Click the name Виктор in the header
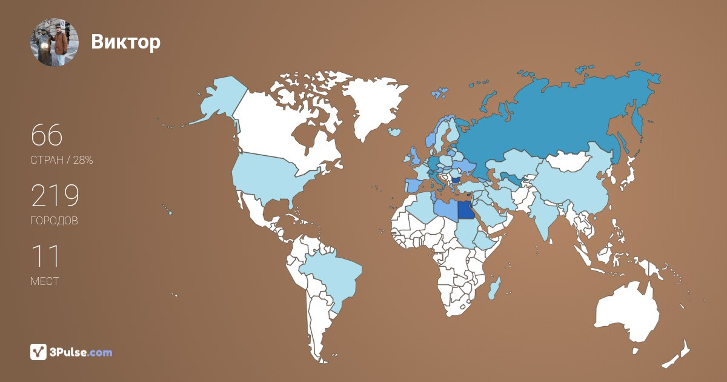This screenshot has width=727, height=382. [126, 42]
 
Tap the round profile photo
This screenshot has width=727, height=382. [54, 42]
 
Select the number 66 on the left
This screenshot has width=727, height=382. [47, 136]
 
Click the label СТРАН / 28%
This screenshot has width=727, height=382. [61, 160]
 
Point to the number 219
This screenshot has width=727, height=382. [55, 196]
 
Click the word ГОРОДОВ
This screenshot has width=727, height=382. [54, 221]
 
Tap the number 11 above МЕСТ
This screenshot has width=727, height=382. [45, 256]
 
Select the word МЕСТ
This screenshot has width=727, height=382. [44, 281]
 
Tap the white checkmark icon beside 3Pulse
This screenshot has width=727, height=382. [38, 352]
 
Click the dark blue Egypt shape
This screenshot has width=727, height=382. [465, 210]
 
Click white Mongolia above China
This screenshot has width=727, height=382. [569, 161]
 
